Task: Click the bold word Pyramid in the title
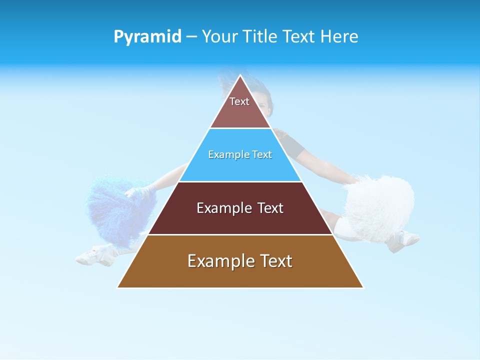[x=147, y=37]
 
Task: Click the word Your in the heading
[x=220, y=36]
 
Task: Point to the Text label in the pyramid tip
[x=239, y=101]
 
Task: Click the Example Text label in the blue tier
[x=240, y=155]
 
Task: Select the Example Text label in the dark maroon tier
[x=240, y=208]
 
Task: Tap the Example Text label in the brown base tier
[x=240, y=261]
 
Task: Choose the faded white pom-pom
[x=380, y=205]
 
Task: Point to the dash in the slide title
[x=191, y=37]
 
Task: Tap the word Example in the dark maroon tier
[x=220, y=208]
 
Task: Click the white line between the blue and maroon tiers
[x=240, y=181]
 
